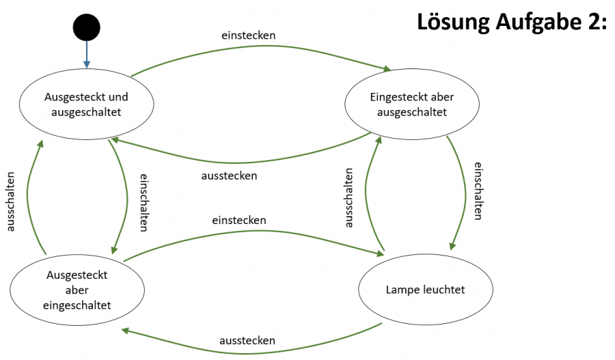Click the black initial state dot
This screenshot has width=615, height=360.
(x=87, y=27)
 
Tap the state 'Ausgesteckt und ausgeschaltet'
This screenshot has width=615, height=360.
(x=86, y=104)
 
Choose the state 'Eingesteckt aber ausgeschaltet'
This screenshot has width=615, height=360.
(x=411, y=104)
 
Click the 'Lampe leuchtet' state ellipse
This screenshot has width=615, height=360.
(x=425, y=290)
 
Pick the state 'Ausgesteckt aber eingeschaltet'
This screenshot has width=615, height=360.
(x=78, y=290)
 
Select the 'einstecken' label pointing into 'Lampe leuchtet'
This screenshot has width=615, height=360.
(x=238, y=220)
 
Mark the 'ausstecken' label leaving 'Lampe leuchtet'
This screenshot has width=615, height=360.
(x=247, y=340)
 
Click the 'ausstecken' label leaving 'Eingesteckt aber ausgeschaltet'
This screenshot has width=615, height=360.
(x=229, y=176)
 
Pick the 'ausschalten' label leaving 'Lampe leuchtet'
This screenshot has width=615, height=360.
(x=349, y=197)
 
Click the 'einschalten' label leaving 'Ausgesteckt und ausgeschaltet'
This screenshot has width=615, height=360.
(x=144, y=202)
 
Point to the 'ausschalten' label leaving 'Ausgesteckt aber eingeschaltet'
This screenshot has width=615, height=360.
(x=10, y=202)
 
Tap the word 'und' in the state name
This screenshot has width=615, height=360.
(x=119, y=97)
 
